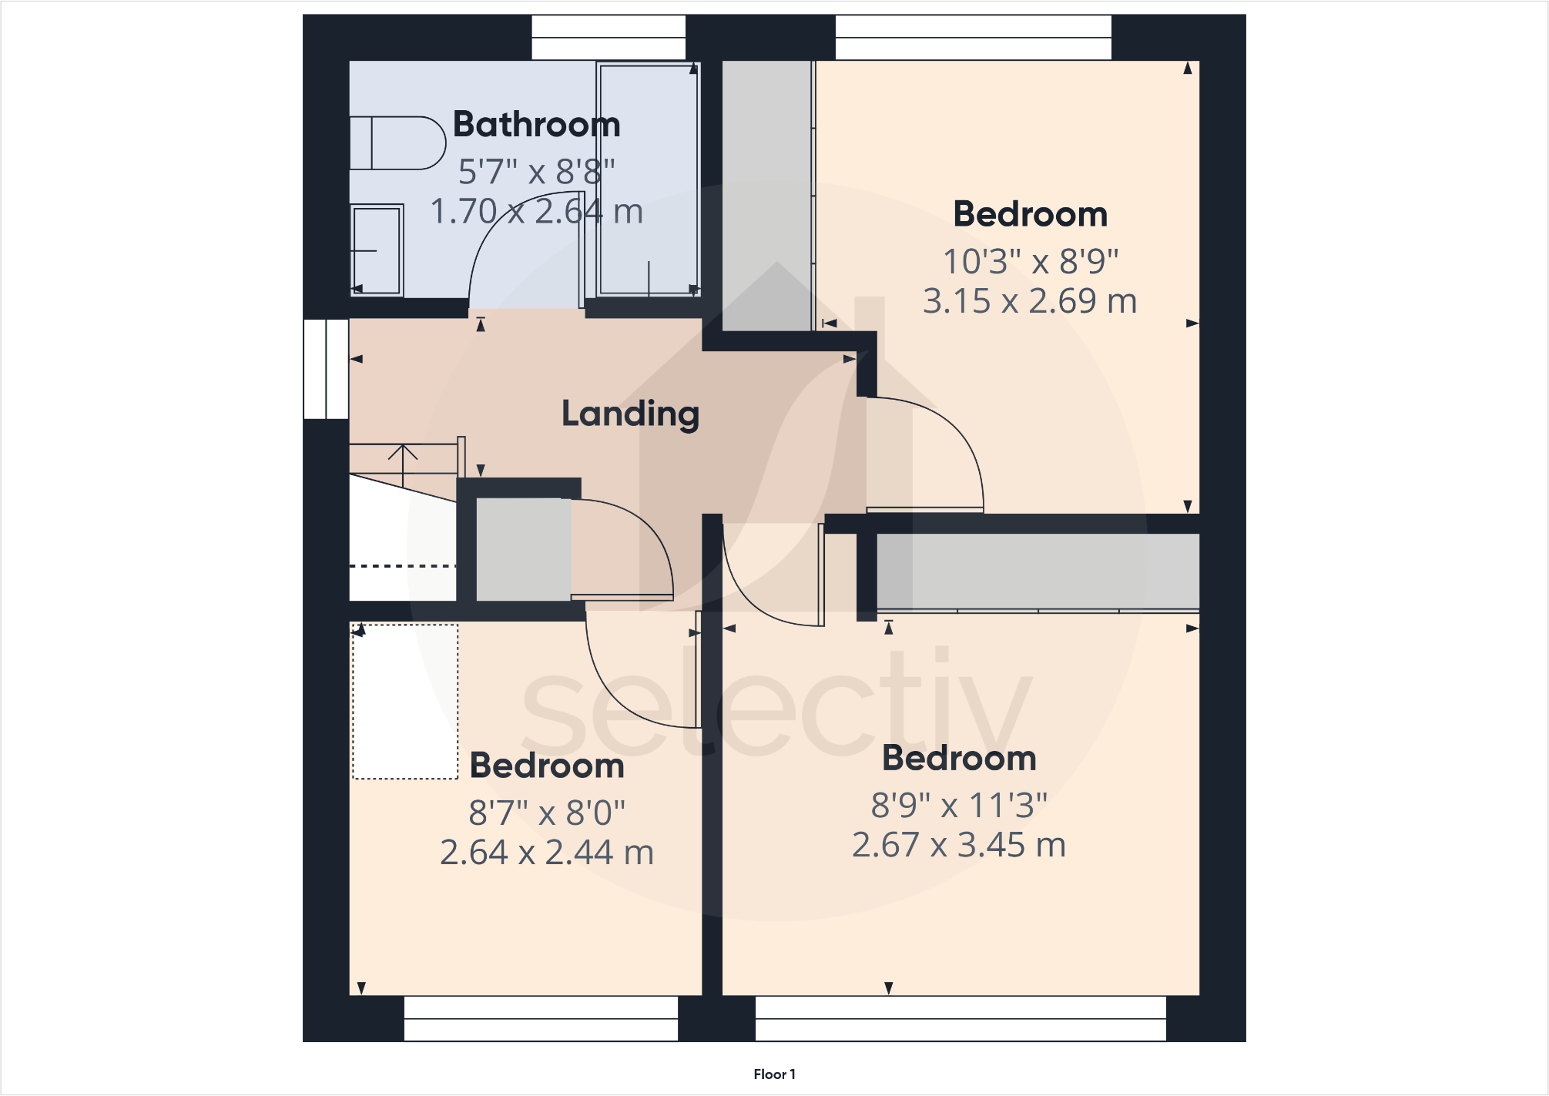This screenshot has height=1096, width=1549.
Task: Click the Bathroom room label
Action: click(536, 125)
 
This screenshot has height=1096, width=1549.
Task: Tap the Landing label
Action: click(630, 414)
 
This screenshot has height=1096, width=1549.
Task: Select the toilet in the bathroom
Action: click(397, 142)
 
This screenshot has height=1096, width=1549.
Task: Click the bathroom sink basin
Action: click(377, 250)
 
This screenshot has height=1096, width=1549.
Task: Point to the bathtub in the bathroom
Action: click(649, 179)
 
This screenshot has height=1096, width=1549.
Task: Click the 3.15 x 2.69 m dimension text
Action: click(1030, 301)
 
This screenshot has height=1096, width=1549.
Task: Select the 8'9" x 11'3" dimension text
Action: click(959, 806)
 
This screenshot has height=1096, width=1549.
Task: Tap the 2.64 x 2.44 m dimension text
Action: click(547, 853)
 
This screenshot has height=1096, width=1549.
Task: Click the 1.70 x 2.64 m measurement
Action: click(536, 212)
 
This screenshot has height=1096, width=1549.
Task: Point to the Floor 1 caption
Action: click(774, 1074)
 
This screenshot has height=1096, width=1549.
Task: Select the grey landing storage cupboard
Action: click(523, 548)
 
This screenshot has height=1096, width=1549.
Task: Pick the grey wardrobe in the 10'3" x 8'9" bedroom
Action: click(767, 196)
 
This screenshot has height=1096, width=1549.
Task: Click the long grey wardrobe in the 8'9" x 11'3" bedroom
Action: click(1038, 571)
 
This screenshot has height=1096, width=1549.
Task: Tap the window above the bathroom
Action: click(609, 37)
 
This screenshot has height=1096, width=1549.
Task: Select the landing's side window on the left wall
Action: click(327, 369)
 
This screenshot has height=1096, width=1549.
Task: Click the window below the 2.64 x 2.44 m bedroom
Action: click(541, 1018)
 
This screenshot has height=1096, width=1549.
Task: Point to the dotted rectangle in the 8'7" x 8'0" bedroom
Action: click(405, 702)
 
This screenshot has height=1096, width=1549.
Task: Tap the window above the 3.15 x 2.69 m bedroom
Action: click(973, 37)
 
